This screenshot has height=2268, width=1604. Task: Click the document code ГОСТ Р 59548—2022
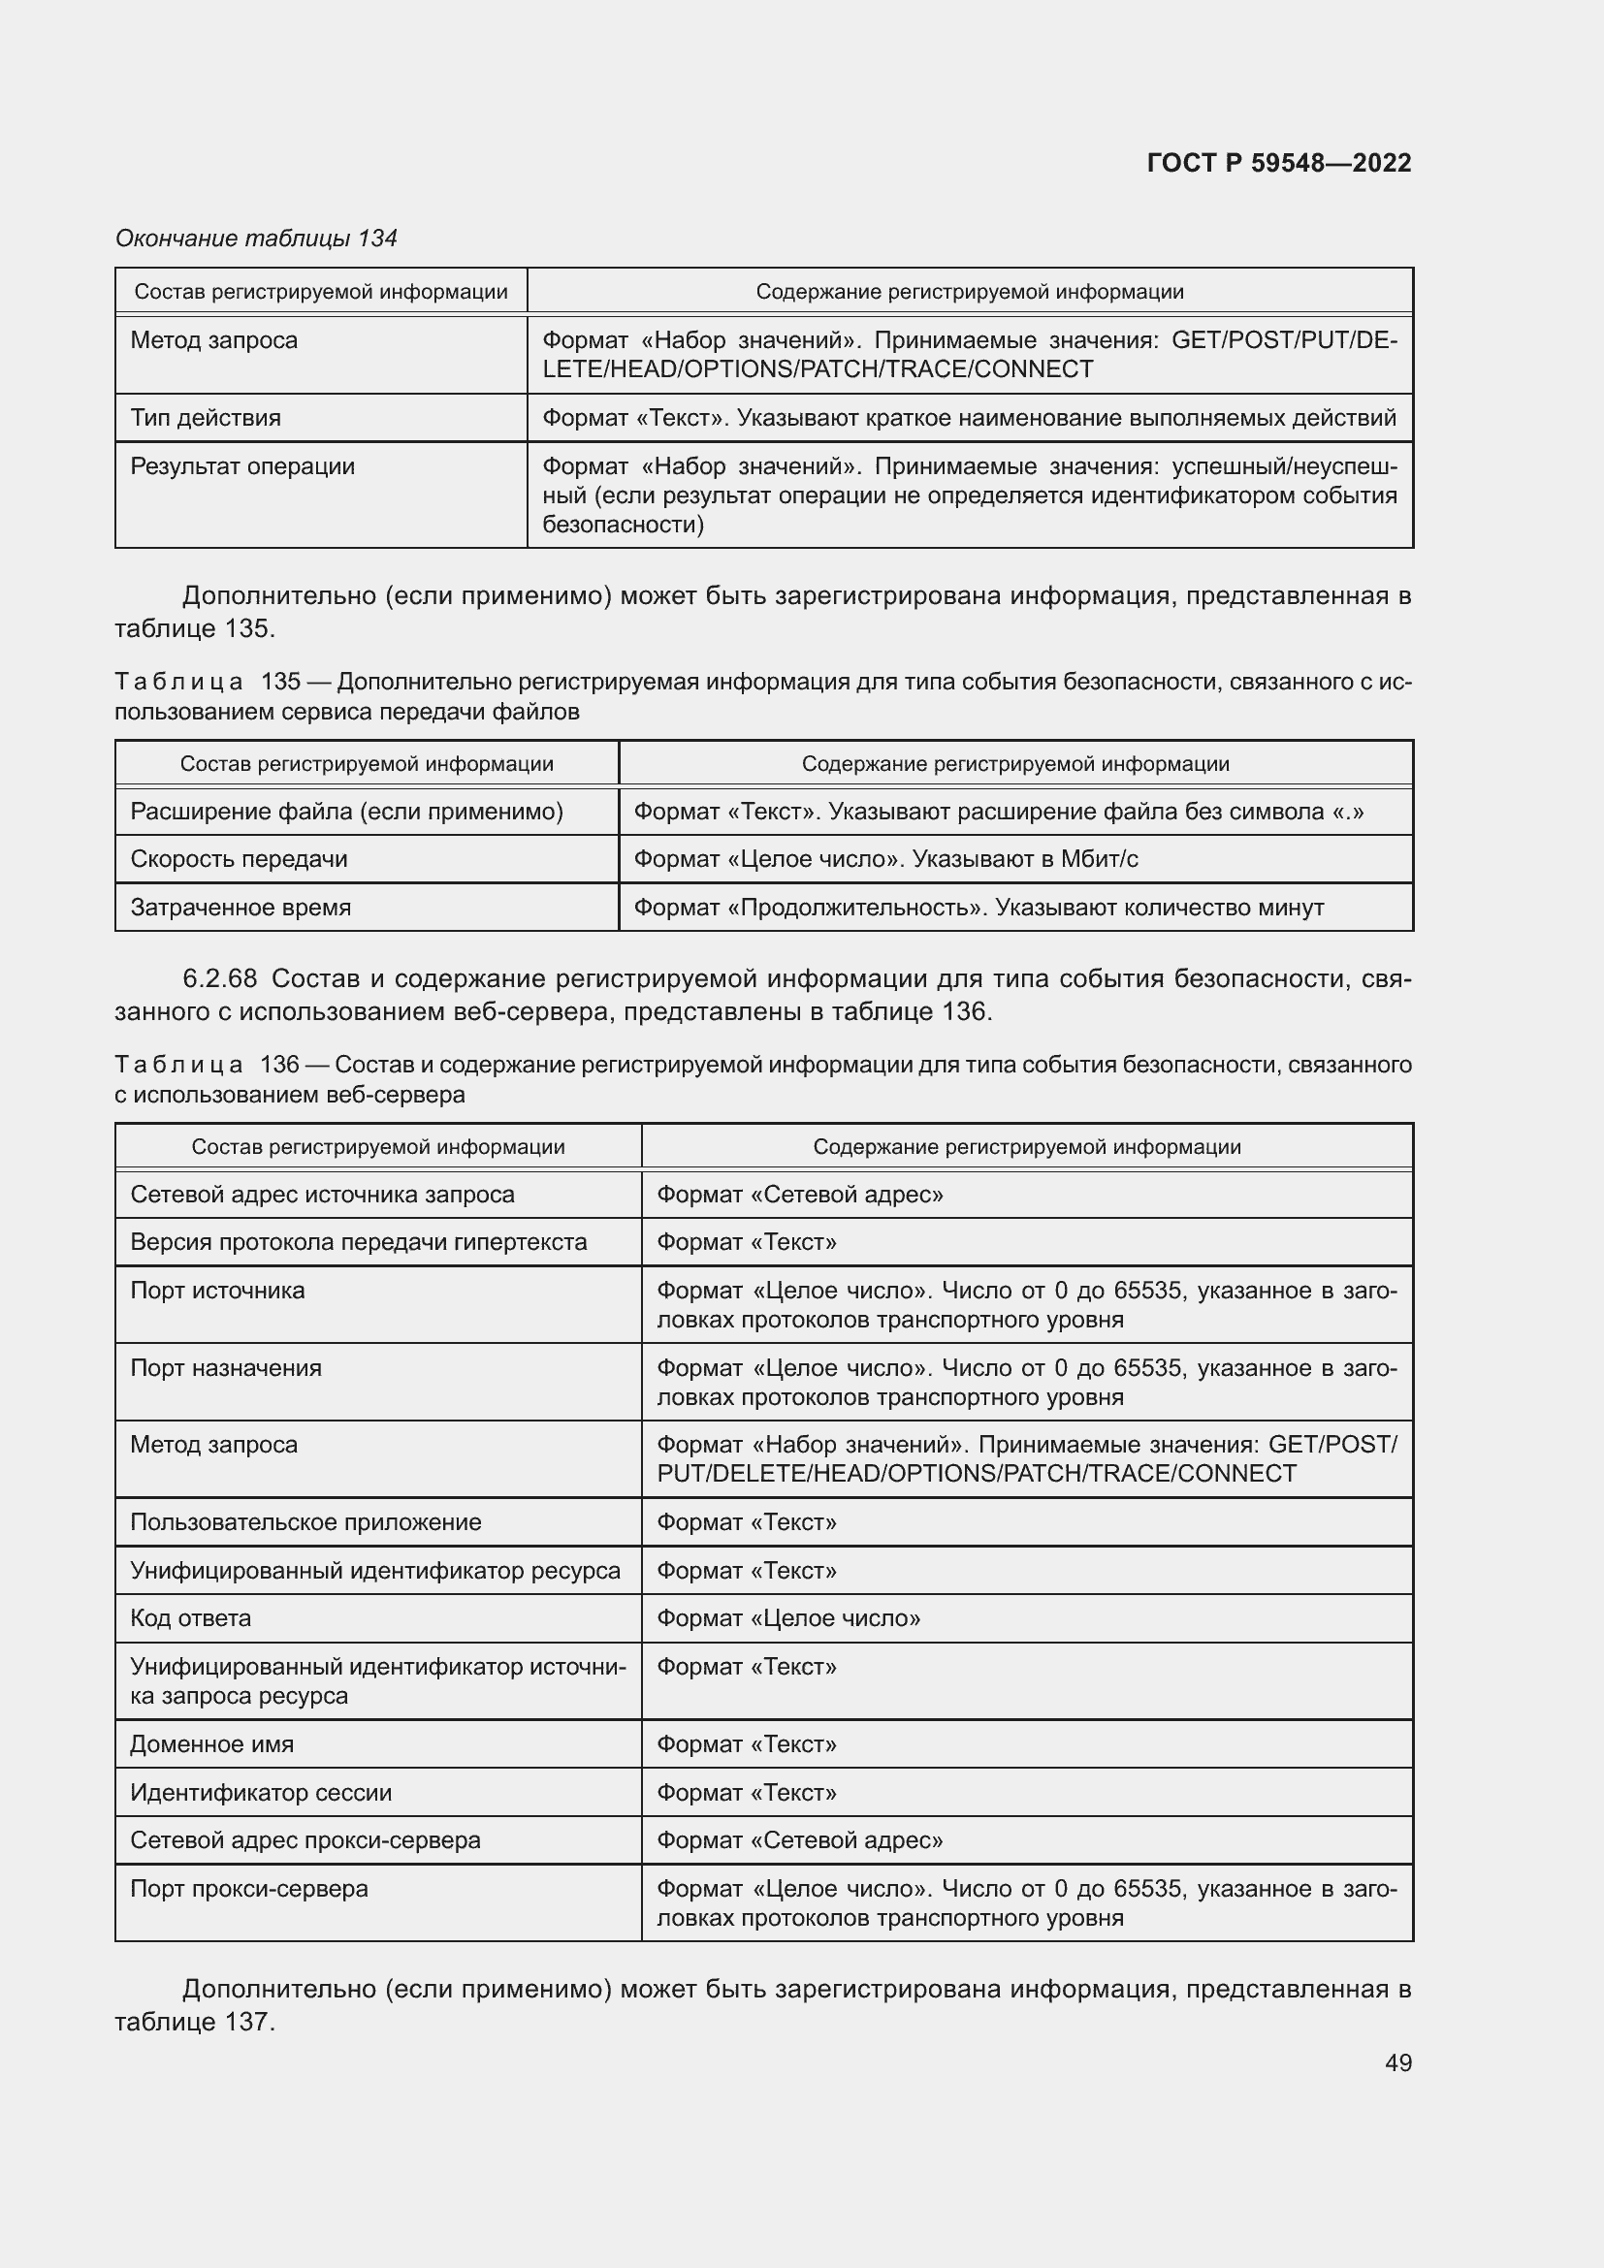coord(1278,163)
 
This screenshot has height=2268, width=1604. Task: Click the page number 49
coord(1397,2062)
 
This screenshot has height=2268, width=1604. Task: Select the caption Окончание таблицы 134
coord(256,239)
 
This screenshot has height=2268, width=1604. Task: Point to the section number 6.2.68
coord(219,979)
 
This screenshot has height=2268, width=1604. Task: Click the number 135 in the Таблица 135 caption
coord(280,682)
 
